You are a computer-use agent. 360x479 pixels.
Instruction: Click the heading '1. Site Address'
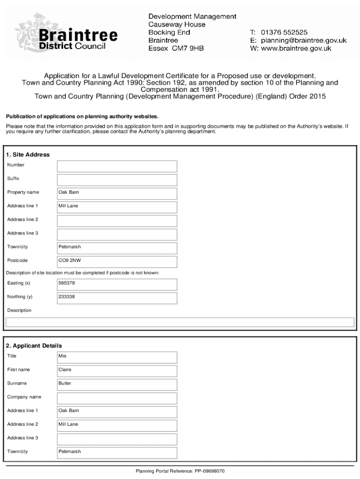[28, 155]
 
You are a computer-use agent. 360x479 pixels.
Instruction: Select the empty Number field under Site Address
[117, 166]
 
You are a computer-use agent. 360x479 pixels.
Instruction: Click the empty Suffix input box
[117, 180]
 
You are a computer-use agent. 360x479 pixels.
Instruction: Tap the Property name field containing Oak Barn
[117, 193]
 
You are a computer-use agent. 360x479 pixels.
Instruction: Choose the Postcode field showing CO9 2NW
[117, 261]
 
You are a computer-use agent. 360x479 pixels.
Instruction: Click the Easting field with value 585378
[117, 284]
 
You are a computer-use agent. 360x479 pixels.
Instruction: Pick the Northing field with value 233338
[117, 298]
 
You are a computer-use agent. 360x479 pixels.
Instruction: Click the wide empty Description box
[180, 322]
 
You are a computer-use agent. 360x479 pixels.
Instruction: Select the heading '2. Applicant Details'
[34, 346]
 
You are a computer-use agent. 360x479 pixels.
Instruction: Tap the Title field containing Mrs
[117, 357]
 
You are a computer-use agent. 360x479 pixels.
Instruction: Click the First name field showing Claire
[117, 370]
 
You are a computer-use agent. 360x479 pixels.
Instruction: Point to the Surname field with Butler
[117, 384]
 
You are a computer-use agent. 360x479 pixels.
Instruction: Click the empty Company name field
[117, 398]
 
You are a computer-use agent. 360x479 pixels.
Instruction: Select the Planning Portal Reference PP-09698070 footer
[180, 471]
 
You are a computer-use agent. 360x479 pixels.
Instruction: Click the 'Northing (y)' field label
[20, 297]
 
